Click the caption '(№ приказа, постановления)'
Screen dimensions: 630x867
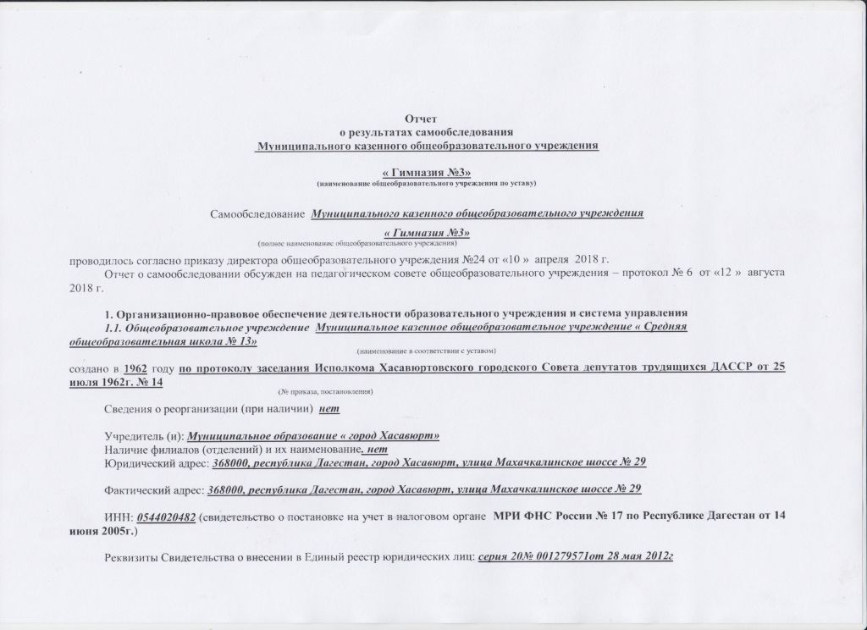[325, 392]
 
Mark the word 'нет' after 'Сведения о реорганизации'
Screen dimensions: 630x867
[329, 411]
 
